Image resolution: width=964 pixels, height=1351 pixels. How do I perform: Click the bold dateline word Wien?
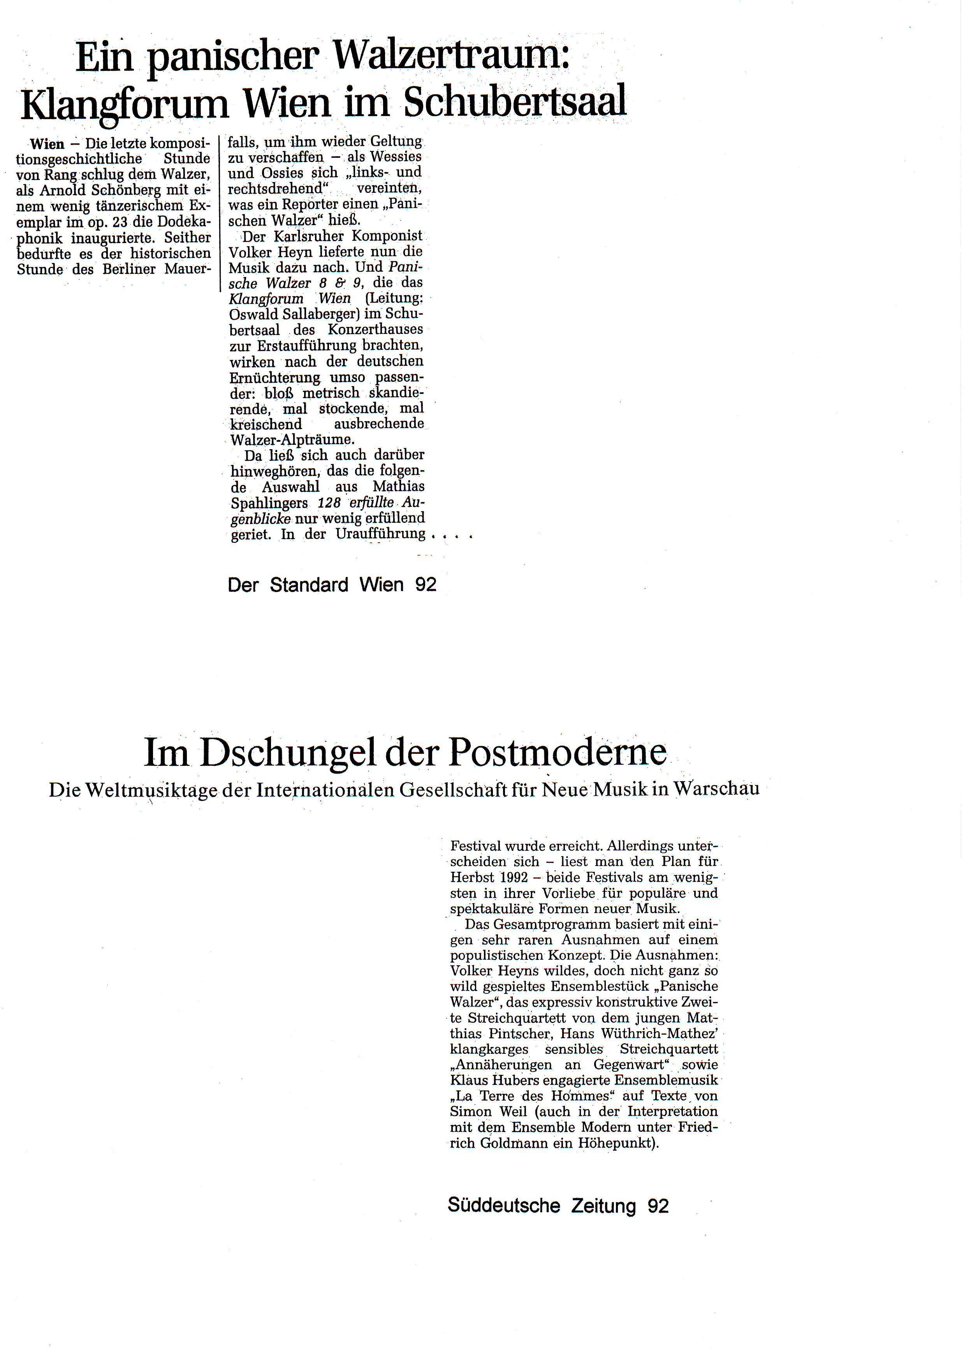47,144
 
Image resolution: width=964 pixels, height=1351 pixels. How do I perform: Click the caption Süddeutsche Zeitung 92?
558,1206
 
